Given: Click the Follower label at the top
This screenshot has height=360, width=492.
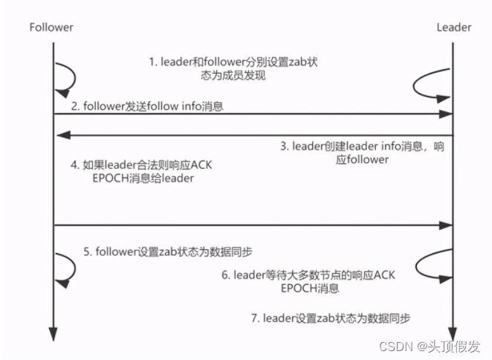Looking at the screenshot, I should (51, 28).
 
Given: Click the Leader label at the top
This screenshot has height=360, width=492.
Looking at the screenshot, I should (453, 28).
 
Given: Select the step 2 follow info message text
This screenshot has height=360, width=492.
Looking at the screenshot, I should (148, 107).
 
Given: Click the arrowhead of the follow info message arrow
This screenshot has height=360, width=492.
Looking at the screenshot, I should (447, 114).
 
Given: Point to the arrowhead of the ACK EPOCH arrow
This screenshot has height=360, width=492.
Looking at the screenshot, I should (447, 225).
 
